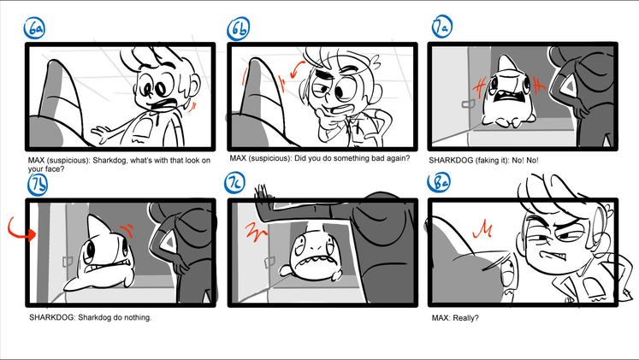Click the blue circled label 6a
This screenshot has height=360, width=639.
tap(34, 28)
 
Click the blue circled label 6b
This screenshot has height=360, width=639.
tap(239, 28)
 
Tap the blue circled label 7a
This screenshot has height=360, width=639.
tap(442, 27)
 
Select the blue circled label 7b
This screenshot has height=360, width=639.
tap(38, 184)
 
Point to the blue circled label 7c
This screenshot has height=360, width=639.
tap(234, 182)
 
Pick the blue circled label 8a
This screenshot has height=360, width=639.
tap(439, 182)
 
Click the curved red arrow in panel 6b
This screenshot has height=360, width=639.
tap(297, 69)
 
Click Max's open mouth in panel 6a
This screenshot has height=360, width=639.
tap(164, 105)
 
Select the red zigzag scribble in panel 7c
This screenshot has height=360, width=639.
tap(256, 232)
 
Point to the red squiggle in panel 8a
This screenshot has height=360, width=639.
tap(482, 230)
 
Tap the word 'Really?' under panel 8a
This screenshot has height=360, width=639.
tap(466, 317)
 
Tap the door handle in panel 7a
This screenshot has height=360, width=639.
tap(468, 104)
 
